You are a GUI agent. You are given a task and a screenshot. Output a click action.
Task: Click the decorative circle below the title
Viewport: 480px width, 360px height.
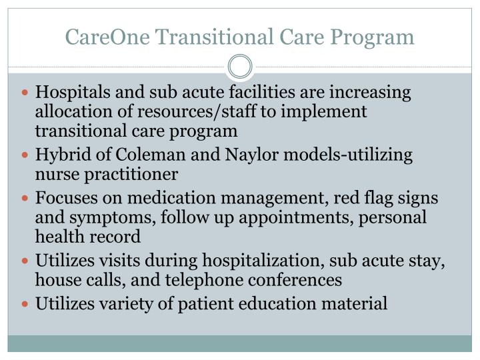point(240,67)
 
